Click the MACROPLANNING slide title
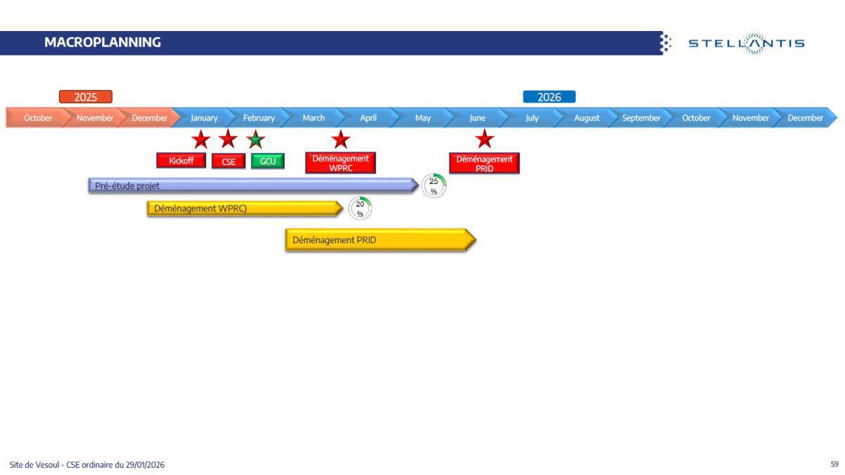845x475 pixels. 102,42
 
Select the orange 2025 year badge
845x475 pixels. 85,97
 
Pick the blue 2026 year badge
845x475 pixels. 549,97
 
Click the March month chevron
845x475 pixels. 313,118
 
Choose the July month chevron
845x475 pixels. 532,118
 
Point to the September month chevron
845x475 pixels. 641,118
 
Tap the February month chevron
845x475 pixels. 258,118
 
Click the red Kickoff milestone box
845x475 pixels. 181,161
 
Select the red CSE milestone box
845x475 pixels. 228,161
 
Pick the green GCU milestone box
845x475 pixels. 268,161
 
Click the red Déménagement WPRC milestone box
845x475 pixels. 340,163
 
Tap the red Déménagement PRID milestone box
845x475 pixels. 484,164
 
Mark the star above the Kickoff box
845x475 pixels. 201,140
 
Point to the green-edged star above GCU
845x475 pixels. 256,140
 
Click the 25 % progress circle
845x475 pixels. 434,186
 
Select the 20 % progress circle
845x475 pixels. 360,209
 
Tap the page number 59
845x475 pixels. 834,464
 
